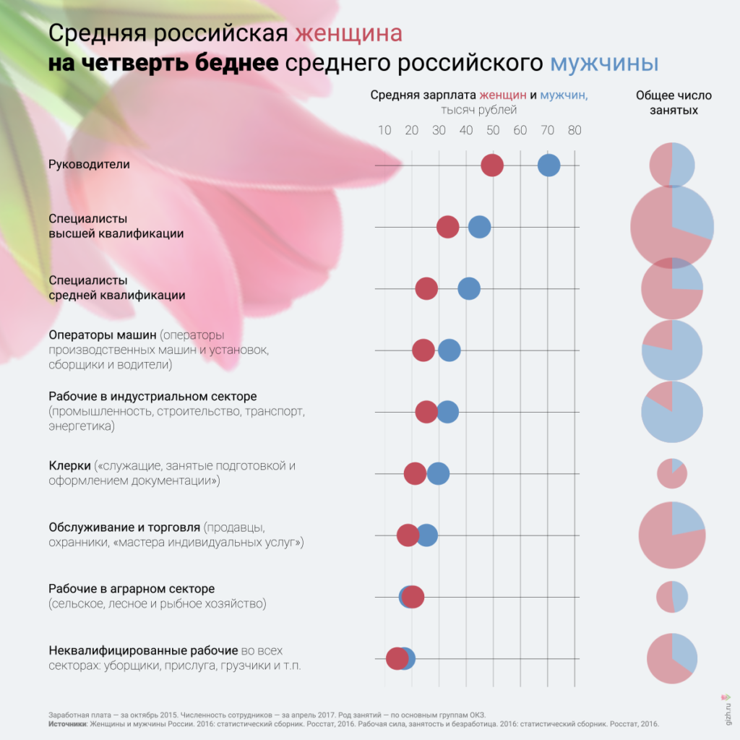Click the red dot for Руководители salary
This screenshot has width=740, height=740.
click(x=492, y=165)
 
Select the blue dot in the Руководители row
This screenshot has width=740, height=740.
click(x=549, y=165)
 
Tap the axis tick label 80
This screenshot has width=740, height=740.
click(x=575, y=131)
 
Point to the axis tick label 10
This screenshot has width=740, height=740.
click(x=384, y=131)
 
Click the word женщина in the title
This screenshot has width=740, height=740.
click(x=349, y=34)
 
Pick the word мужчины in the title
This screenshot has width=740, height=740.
click(x=604, y=63)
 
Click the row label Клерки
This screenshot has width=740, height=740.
click(x=69, y=466)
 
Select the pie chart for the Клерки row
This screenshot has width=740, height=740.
click(x=672, y=473)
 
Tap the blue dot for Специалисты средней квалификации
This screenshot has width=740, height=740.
click(x=469, y=289)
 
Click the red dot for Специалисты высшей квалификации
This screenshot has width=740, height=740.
click(x=448, y=227)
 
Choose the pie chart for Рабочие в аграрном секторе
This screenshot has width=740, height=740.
click(x=672, y=597)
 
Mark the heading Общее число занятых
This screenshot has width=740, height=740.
click(x=674, y=103)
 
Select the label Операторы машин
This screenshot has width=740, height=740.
click(x=103, y=335)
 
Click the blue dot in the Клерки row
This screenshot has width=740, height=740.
click(x=438, y=474)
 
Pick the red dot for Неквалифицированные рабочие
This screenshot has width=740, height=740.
click(x=396, y=658)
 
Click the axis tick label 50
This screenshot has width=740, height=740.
click(x=493, y=131)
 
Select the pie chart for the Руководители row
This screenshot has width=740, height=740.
click(x=672, y=165)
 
